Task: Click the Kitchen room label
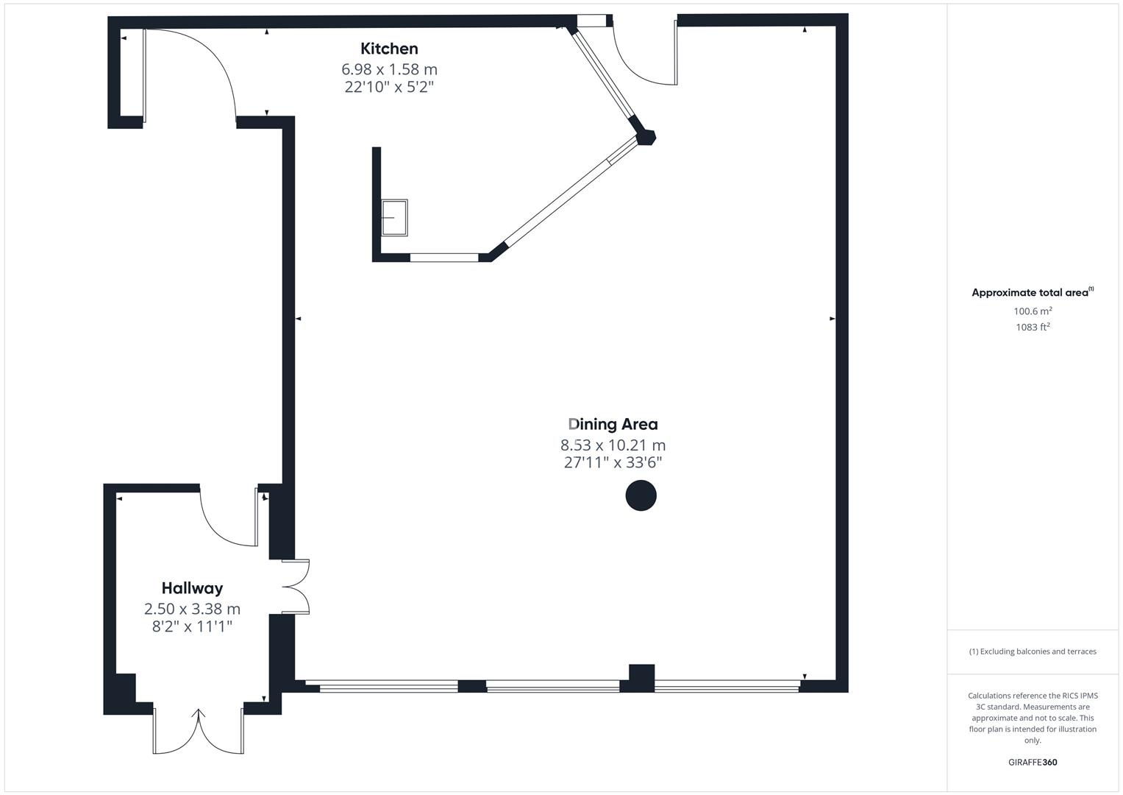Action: point(389,49)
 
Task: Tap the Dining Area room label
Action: point(613,424)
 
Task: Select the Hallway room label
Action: point(192,588)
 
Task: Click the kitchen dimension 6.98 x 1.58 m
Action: point(389,69)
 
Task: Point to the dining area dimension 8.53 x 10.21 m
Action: point(613,445)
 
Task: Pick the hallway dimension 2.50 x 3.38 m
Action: point(192,609)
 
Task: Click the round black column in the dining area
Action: point(641,495)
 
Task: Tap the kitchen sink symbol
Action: point(394,218)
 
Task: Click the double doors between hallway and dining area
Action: point(296,587)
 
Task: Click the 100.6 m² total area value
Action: point(1033,311)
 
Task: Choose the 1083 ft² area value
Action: point(1033,328)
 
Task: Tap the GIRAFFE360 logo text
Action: point(1033,762)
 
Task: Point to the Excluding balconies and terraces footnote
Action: point(1033,651)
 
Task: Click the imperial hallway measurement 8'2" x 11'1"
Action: point(192,626)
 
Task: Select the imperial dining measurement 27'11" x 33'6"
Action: point(613,462)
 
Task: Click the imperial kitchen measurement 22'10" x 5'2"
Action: point(389,87)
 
